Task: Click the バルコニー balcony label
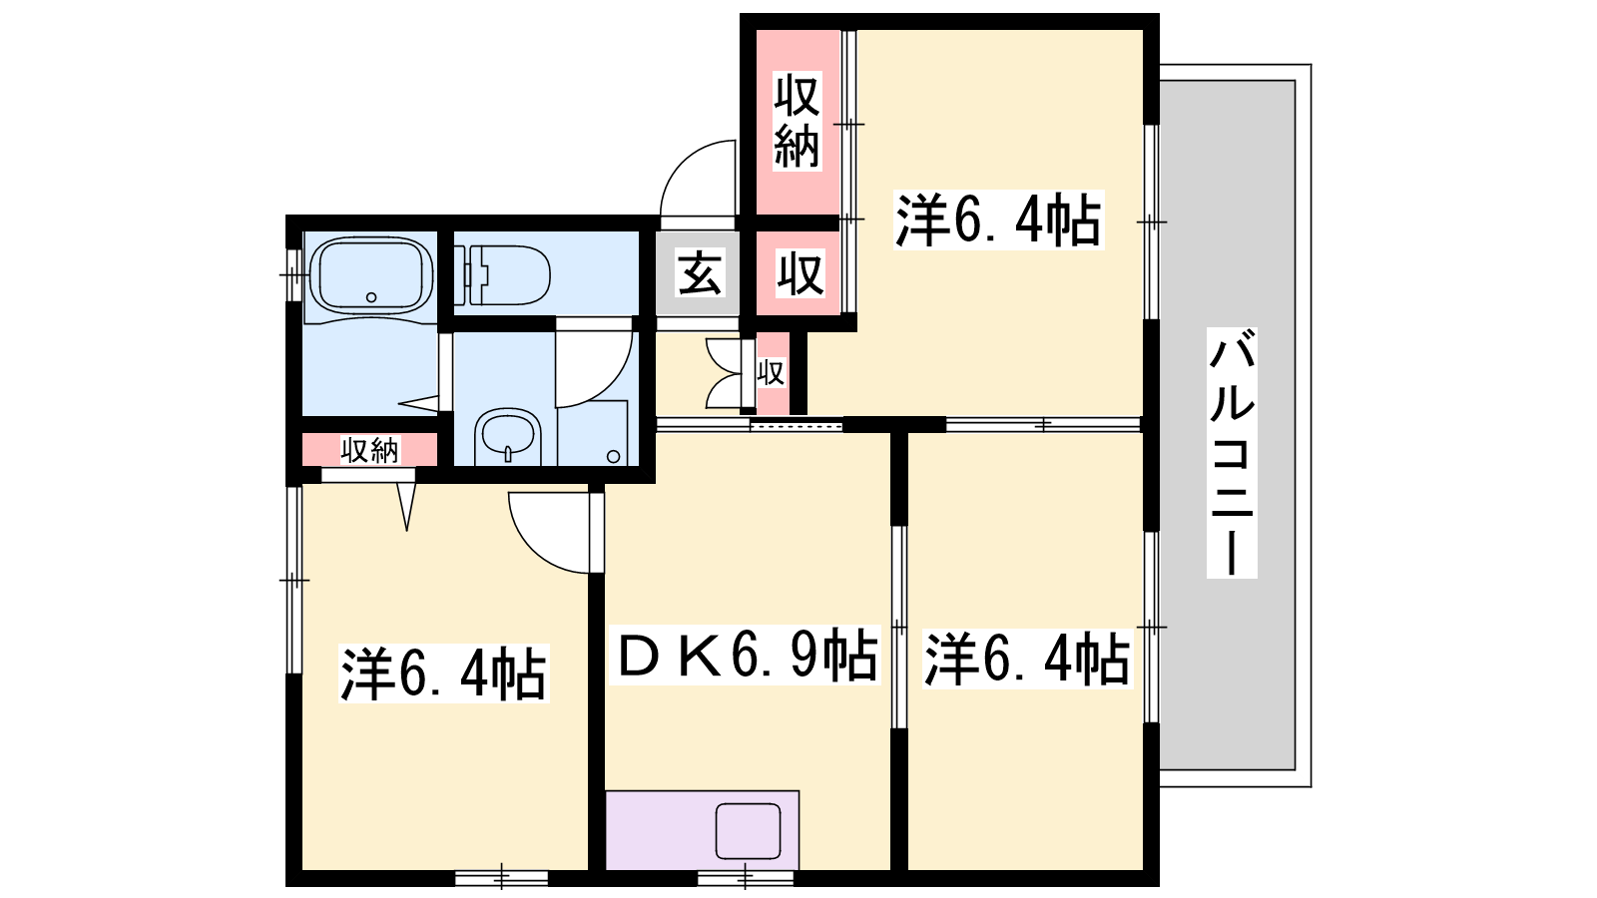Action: [x=1232, y=453]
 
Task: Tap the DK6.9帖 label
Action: [x=746, y=655]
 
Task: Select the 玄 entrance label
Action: [x=700, y=272]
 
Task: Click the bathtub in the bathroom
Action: [x=370, y=275]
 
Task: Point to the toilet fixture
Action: [x=502, y=275]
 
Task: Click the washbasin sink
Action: [x=508, y=435]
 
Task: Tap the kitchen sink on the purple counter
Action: [x=748, y=831]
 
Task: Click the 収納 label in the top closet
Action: [x=798, y=121]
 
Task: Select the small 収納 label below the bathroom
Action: [x=370, y=450]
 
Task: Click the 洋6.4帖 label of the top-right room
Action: [x=998, y=221]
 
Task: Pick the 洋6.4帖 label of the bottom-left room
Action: [x=443, y=673]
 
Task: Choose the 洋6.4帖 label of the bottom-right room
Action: [x=1027, y=659]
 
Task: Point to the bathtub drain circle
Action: [x=370, y=297]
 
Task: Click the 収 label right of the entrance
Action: [x=800, y=273]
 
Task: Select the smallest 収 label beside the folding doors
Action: [x=772, y=373]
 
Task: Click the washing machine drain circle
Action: [x=614, y=456]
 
